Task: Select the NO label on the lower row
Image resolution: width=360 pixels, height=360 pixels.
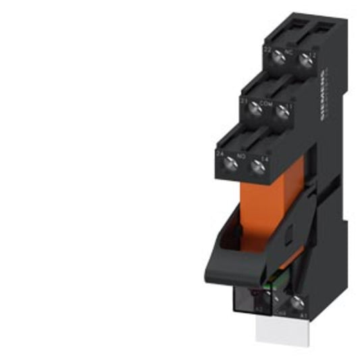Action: tap(240, 154)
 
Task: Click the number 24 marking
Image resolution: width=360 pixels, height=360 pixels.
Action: tap(220, 153)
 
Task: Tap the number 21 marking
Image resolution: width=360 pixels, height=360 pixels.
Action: tap(243, 101)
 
